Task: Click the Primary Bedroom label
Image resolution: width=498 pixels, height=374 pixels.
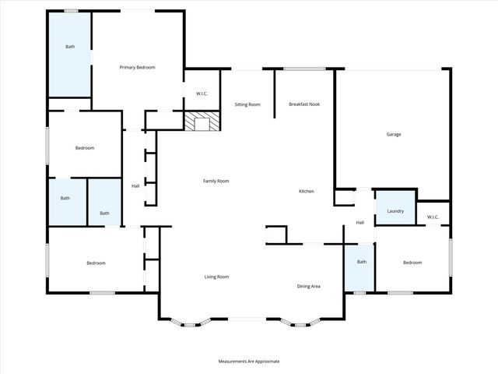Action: (137, 68)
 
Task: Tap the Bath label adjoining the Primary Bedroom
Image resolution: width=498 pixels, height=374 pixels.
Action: (70, 47)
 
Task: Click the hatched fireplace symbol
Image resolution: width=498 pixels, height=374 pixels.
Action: (202, 121)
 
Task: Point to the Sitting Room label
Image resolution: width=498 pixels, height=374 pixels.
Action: (247, 104)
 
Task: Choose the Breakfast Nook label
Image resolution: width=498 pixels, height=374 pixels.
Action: (304, 104)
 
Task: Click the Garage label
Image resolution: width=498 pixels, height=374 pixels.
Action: (394, 134)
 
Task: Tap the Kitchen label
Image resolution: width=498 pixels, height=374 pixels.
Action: (307, 191)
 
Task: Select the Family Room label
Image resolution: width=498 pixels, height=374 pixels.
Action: (216, 181)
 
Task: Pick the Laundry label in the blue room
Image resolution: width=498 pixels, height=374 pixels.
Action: (395, 210)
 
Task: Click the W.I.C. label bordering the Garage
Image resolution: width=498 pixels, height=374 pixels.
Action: (433, 217)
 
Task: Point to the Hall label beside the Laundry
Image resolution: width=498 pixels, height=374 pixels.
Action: (360, 223)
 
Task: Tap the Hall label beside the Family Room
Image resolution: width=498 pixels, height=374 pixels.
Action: (135, 185)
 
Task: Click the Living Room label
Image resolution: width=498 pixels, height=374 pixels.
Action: (216, 277)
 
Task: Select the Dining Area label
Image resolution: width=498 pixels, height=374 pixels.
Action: (309, 286)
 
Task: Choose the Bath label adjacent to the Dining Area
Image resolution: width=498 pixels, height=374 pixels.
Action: (361, 262)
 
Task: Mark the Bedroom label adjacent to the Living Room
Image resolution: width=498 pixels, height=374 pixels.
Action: (96, 263)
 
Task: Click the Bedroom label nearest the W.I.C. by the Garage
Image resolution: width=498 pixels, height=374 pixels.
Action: (412, 263)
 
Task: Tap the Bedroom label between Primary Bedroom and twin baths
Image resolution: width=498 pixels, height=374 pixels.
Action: (85, 148)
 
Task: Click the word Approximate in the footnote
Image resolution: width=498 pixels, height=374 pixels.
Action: (265, 362)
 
